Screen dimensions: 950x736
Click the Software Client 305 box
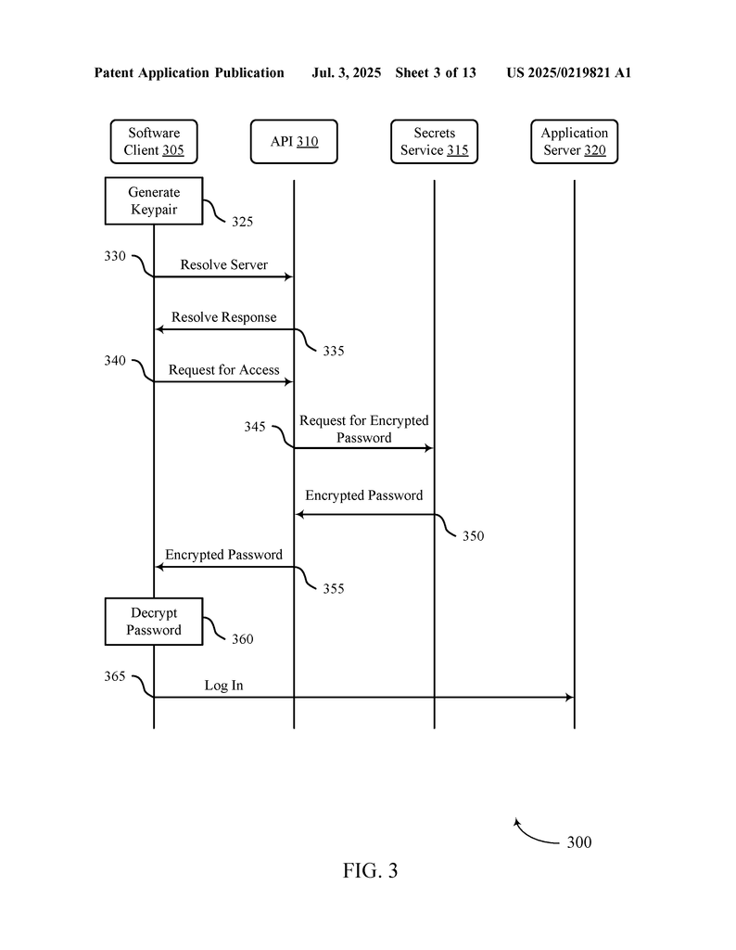(x=154, y=141)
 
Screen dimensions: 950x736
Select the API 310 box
(x=294, y=141)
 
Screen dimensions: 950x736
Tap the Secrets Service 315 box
(x=434, y=141)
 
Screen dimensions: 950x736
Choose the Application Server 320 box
(x=575, y=141)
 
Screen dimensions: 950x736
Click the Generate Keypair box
(x=154, y=200)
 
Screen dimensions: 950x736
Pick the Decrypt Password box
(x=154, y=622)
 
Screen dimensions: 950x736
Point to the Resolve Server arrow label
(x=223, y=265)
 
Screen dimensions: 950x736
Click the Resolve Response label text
(x=223, y=317)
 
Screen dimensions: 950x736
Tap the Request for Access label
(x=223, y=370)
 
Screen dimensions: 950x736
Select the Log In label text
(x=223, y=686)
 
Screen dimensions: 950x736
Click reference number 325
(x=242, y=222)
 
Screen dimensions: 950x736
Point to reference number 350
(x=473, y=536)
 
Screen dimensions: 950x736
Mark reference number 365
(x=115, y=676)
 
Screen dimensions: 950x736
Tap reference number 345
(x=255, y=427)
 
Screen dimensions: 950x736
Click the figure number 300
(x=578, y=842)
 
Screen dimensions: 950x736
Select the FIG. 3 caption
(x=370, y=871)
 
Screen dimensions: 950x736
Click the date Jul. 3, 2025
(x=347, y=72)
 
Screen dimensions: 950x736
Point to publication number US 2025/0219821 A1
(x=568, y=72)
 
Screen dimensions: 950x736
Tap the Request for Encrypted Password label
(x=363, y=430)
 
